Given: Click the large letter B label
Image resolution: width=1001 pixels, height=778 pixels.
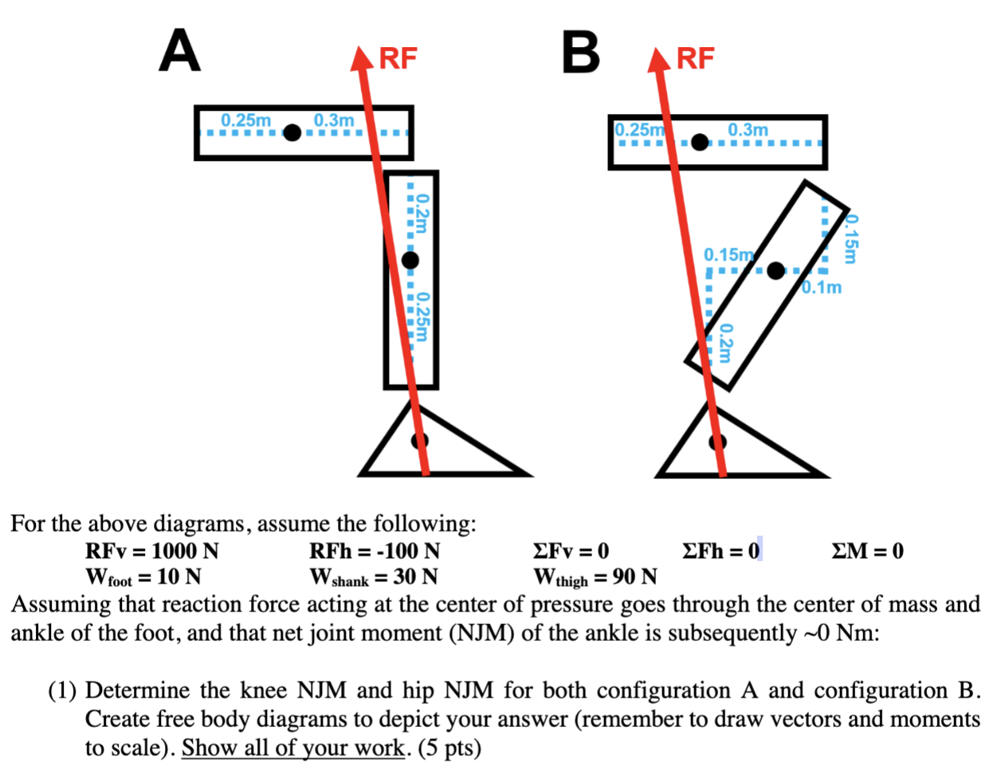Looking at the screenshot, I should pyautogui.click(x=581, y=52).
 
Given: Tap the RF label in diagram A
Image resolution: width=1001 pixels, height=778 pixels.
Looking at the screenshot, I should pyautogui.click(x=398, y=58).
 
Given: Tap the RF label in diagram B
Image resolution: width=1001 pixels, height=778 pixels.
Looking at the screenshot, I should pyautogui.click(x=696, y=58).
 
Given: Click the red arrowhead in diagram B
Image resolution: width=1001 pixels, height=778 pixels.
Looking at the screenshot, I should pyautogui.click(x=659, y=60).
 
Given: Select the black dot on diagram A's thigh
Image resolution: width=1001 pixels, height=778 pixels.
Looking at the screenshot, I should pyautogui.click(x=292, y=132).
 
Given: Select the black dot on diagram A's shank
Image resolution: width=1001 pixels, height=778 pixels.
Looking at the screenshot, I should pyautogui.click(x=410, y=260).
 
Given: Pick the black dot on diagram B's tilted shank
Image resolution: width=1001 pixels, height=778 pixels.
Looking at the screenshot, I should pyautogui.click(x=775, y=270).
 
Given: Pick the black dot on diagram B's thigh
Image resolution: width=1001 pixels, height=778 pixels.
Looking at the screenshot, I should pyautogui.click(x=699, y=142).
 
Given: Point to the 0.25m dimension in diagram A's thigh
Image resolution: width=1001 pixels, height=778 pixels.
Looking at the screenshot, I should pyautogui.click(x=245, y=120).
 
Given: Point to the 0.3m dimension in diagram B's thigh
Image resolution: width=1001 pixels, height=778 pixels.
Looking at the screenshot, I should pyautogui.click(x=748, y=129).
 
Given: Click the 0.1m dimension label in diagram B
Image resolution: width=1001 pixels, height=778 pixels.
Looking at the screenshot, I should pyautogui.click(x=822, y=287).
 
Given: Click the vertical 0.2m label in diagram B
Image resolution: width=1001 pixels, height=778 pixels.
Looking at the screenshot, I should pyautogui.click(x=724, y=343).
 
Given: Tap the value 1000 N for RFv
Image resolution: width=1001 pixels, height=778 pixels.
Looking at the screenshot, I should pyautogui.click(x=185, y=551).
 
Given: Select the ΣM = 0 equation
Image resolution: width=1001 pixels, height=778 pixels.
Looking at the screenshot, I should pyautogui.click(x=867, y=551).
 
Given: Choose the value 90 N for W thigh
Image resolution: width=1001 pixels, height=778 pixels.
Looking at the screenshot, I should pyautogui.click(x=634, y=576).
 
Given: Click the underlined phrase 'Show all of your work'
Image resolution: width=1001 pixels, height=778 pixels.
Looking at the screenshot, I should pyautogui.click(x=293, y=748).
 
